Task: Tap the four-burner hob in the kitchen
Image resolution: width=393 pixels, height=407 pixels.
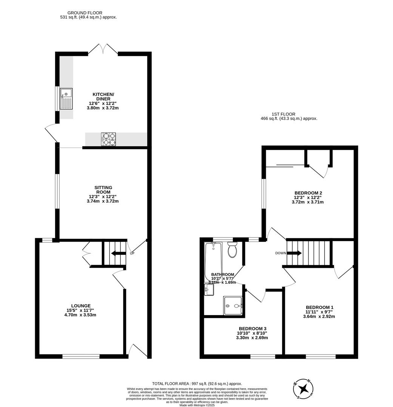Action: click(x=109, y=139)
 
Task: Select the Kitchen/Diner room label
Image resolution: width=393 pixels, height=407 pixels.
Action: click(x=103, y=96)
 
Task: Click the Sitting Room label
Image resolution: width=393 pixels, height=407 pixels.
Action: click(x=103, y=190)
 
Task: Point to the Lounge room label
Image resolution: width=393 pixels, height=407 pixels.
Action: click(x=81, y=306)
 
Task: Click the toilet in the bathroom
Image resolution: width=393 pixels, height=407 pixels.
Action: click(x=232, y=250)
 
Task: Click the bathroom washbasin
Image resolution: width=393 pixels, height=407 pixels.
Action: click(x=209, y=290)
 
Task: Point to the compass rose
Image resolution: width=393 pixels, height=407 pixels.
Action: click(x=303, y=389)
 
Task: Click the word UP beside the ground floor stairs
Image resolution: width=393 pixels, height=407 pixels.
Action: click(x=132, y=253)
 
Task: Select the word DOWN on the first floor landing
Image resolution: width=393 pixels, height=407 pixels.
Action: click(x=280, y=253)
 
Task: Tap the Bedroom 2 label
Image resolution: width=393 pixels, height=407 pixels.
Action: click(x=308, y=193)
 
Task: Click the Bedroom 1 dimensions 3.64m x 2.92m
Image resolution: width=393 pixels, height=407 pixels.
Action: click(x=319, y=317)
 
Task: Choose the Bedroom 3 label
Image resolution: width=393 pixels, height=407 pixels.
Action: click(x=252, y=329)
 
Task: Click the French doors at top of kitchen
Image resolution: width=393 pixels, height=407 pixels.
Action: click(x=103, y=49)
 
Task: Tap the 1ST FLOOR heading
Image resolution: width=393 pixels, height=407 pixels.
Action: click(x=283, y=114)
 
